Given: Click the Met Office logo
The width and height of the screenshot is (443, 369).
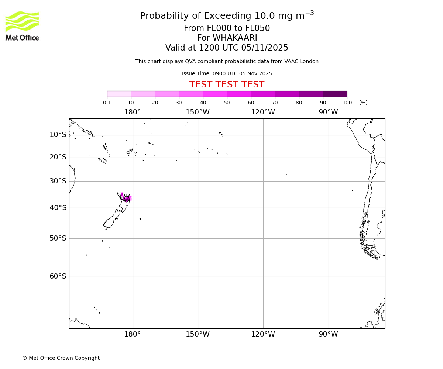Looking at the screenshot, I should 22,26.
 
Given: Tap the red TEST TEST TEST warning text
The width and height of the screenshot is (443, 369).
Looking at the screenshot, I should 227,85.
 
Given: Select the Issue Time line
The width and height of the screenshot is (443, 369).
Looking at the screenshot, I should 227,73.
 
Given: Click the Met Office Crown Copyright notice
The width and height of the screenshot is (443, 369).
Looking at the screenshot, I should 61,358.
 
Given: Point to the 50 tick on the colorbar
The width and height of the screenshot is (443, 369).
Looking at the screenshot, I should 227,103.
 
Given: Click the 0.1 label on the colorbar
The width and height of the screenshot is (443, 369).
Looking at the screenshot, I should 107,103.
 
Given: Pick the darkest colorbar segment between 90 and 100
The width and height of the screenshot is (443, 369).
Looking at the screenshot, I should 335,94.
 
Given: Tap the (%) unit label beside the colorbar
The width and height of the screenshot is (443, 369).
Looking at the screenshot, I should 363,103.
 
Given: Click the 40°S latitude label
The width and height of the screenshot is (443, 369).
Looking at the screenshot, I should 58,208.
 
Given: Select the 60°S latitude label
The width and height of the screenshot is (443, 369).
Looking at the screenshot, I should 58,276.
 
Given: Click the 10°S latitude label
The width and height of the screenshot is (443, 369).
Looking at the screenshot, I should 58,135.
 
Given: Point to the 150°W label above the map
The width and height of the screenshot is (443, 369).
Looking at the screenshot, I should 198,112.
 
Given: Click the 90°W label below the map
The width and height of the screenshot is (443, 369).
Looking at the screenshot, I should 328,334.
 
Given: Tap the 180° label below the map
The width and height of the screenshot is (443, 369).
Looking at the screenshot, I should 133,334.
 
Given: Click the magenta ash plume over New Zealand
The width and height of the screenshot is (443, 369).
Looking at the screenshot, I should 127,199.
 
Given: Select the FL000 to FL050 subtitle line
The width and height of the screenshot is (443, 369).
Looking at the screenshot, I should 227,28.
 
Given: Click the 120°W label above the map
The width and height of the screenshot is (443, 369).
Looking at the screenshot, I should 263,112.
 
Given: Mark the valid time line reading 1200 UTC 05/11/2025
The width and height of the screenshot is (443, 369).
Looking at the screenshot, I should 227,48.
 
